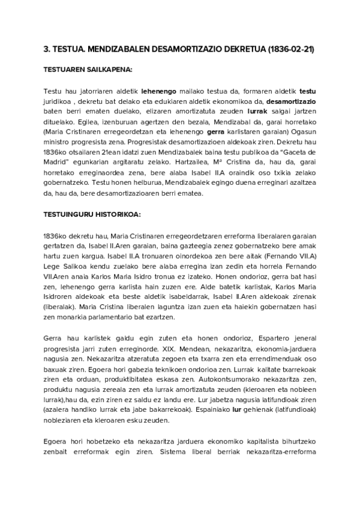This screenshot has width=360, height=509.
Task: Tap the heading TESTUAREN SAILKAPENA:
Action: pyautogui.click(x=88, y=70)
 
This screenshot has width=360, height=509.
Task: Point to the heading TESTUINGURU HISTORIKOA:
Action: pyautogui.click(x=92, y=214)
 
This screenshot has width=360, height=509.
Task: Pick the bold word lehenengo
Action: pyautogui.click(x=159, y=91)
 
